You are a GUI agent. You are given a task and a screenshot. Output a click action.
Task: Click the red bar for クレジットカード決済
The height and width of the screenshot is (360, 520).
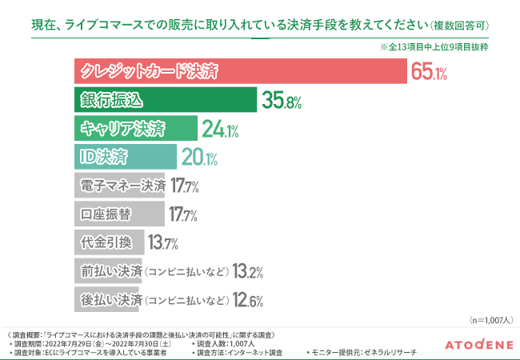[240, 71]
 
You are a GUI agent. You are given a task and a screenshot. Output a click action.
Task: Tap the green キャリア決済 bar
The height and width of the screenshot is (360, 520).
[135, 129]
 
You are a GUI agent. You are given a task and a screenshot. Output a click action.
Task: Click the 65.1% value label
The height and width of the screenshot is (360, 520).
[429, 73]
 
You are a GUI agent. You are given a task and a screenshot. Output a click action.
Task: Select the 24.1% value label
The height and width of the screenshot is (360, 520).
[221, 130]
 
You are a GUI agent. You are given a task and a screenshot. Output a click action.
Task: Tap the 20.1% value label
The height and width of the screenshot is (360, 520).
[198, 158]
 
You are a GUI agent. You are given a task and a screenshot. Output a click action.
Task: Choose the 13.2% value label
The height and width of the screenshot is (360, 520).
[248, 272]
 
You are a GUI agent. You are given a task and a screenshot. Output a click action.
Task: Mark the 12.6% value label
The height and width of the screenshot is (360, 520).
[248, 301]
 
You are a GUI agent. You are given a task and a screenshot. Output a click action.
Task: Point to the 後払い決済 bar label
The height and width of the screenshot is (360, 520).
[112, 301]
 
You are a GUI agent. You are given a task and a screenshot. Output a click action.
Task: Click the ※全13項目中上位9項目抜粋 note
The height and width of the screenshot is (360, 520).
[434, 48]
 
